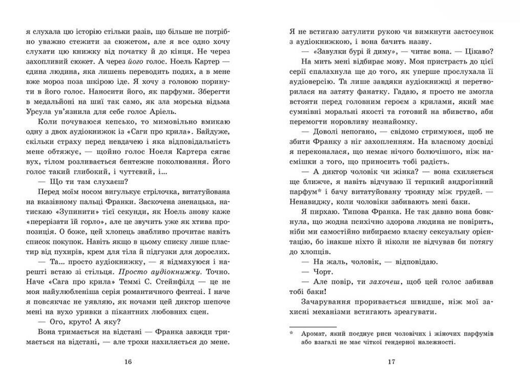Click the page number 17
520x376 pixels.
(x=391, y=363)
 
